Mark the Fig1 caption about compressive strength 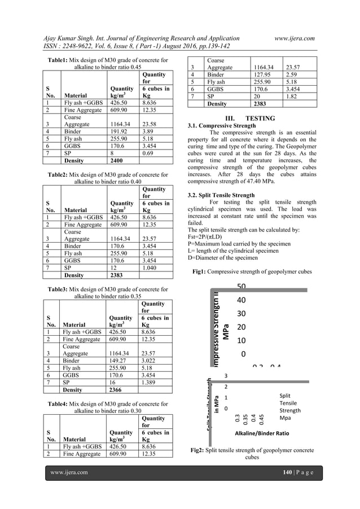pos(251,271)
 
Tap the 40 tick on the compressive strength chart pos(241,300)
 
